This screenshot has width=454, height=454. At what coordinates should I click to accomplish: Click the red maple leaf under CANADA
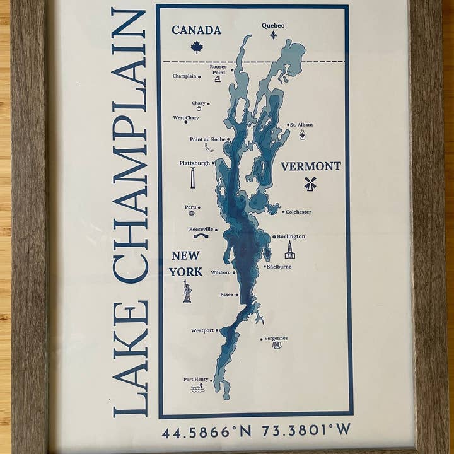tap(196, 46)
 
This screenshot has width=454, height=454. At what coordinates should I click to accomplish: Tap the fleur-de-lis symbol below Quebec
tap(273, 35)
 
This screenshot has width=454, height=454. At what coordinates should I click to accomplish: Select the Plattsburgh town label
tap(194, 163)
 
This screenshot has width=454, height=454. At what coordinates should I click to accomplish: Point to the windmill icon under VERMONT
tap(310, 183)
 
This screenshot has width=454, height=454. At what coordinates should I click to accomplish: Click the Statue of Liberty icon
tap(187, 291)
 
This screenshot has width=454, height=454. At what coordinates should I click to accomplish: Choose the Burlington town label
tap(291, 236)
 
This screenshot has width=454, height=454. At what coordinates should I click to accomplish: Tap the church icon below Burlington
tap(289, 250)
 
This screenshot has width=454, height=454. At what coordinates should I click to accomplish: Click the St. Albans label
tap(302, 125)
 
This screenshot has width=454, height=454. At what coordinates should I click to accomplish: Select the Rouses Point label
tap(218, 69)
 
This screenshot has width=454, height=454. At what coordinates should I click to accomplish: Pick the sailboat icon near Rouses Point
tap(218, 79)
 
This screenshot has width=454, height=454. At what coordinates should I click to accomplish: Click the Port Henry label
tap(195, 379)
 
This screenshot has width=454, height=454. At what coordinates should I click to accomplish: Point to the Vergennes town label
tap(276, 338)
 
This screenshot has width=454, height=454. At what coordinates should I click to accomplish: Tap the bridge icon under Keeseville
tap(201, 236)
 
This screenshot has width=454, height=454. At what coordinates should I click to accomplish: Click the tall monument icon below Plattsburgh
tap(192, 178)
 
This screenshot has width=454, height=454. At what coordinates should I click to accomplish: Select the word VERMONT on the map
tap(311, 166)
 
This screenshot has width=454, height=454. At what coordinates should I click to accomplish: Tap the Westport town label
tap(202, 330)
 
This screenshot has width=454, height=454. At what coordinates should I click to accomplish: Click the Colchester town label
tap(298, 212)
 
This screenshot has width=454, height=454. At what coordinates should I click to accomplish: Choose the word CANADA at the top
tap(196, 30)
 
